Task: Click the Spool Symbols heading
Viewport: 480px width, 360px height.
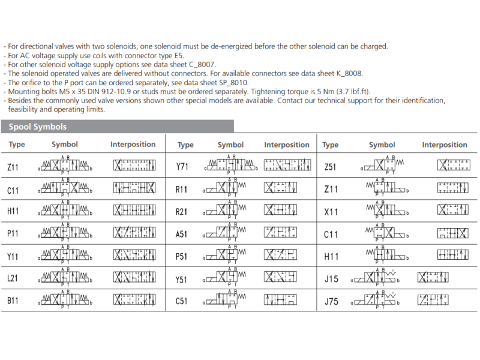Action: (x=38, y=127)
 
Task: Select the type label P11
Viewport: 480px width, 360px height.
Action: (x=13, y=234)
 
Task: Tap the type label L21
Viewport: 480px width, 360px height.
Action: (x=13, y=279)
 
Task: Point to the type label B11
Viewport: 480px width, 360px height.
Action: (x=13, y=301)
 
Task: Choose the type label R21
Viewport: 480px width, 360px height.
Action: (x=182, y=212)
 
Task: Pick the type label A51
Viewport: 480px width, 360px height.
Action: (x=182, y=234)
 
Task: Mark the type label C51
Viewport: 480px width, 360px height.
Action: (x=182, y=301)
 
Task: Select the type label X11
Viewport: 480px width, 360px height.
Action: (x=331, y=212)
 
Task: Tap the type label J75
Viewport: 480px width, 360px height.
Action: (x=331, y=301)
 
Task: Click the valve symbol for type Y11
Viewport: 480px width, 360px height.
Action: (x=65, y=256)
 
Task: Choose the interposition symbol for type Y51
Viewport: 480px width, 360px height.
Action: (x=280, y=278)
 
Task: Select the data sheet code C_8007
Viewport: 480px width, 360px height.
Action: (x=199, y=64)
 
